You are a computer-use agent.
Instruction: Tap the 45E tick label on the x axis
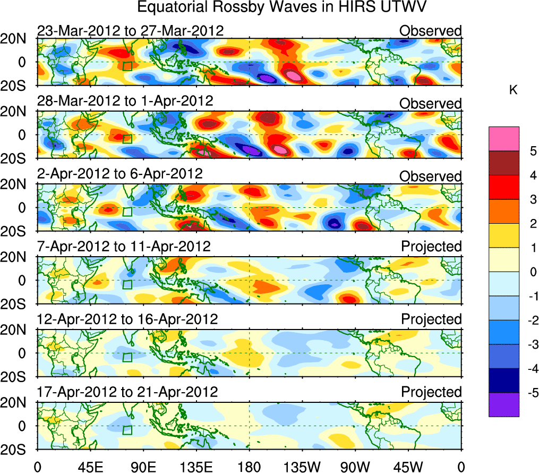[x=89, y=466]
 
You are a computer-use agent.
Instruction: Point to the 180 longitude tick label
[x=249, y=466]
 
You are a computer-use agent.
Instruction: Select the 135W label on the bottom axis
[x=302, y=466]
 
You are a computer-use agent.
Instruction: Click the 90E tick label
[x=142, y=466]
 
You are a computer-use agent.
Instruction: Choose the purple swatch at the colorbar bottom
[x=504, y=405]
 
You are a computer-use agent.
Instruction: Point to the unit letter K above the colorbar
[x=514, y=90]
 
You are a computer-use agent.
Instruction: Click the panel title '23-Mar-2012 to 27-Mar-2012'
[x=130, y=31]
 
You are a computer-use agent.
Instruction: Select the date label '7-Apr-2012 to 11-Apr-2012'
[x=124, y=247]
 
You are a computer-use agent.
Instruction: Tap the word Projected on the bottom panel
[x=431, y=392]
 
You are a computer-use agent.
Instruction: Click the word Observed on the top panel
[x=431, y=31]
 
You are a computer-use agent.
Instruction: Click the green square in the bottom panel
[x=127, y=430]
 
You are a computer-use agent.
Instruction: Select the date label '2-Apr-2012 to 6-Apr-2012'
[x=119, y=174]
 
